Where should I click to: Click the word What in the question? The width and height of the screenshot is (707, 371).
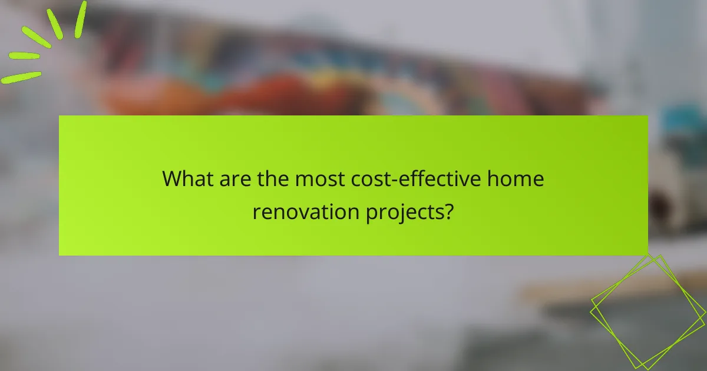[186, 179]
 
